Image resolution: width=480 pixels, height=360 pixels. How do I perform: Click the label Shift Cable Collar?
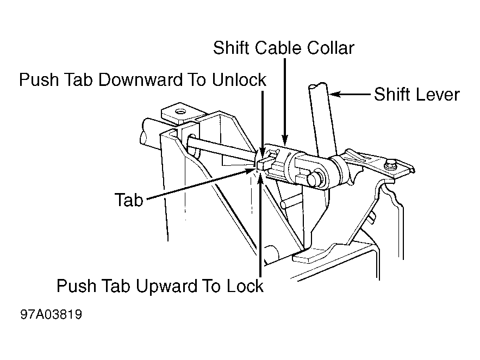coord(283,48)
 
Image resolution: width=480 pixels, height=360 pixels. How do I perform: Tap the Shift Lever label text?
coord(416,94)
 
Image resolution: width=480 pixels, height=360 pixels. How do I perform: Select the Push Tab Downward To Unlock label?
coord(142,79)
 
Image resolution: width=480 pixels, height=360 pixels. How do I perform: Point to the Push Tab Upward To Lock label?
coord(160,286)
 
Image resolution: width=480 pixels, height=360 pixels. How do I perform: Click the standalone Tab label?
coord(129,200)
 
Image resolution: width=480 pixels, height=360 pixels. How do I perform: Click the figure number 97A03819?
coord(51,314)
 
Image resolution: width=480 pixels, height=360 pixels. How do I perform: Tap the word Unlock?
coord(239,79)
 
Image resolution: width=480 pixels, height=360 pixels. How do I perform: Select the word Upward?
coord(166,287)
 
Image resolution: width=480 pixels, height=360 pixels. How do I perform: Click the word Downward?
coord(140,79)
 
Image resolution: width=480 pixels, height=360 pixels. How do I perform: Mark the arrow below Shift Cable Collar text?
coord(285,101)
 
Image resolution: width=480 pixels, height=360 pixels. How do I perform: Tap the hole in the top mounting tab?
coord(179,111)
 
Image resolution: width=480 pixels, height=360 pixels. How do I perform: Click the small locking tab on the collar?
coord(264,164)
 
